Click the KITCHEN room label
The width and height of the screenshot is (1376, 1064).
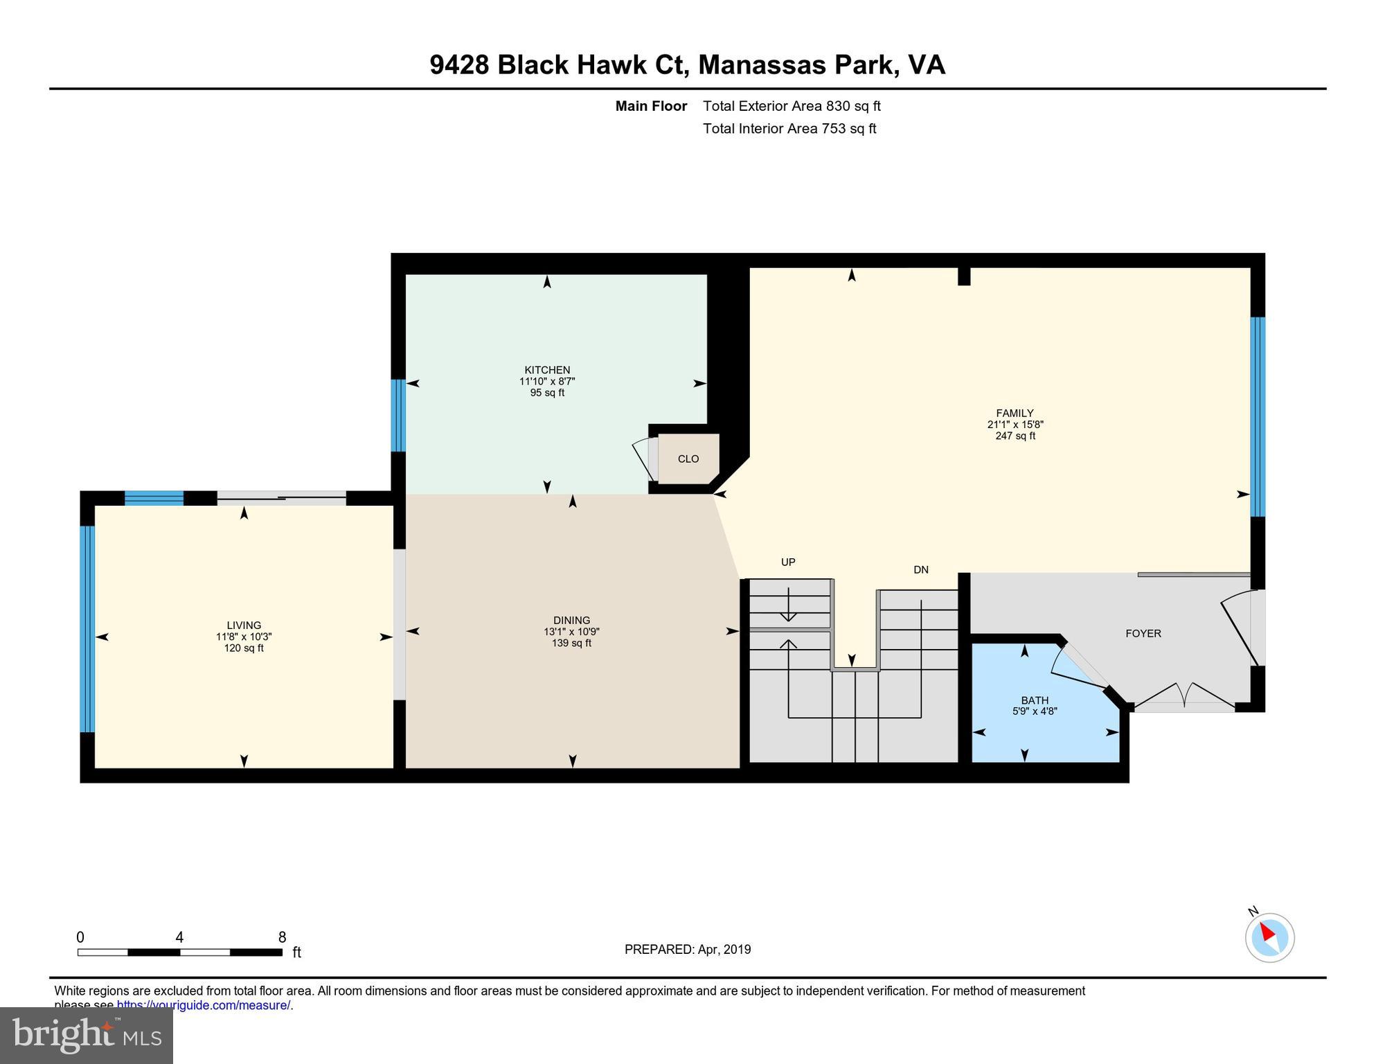[547, 370]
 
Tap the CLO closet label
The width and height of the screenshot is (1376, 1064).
[688, 459]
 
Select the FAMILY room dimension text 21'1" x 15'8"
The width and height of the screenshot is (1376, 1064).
[1015, 425]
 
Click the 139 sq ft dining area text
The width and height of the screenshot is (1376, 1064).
[571, 643]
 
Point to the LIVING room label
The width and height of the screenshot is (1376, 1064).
[244, 625]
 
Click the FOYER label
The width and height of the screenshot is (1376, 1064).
[1143, 633]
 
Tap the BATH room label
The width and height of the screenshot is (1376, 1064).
[1035, 700]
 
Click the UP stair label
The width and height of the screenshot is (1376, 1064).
[788, 562]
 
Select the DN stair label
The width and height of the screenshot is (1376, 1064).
[920, 570]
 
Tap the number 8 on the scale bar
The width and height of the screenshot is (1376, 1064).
[282, 937]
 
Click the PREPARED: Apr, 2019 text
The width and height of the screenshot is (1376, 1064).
[687, 950]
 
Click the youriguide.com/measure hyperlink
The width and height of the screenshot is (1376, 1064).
[204, 1005]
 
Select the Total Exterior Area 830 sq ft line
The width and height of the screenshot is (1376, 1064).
[791, 106]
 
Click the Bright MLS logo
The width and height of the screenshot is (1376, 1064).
[87, 1036]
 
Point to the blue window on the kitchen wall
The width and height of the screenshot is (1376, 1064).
[398, 416]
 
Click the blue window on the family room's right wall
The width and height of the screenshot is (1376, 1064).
[1258, 417]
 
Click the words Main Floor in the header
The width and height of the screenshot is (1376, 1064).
[651, 106]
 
